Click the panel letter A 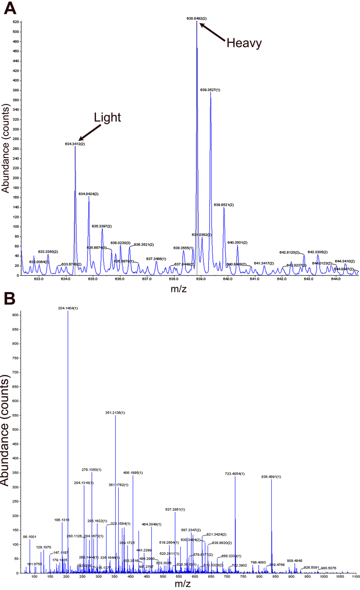coord(9,8)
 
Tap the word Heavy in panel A coord(244,43)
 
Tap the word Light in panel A coord(108,118)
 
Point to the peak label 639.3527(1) coord(210,90)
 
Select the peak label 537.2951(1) coord(175,509)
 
